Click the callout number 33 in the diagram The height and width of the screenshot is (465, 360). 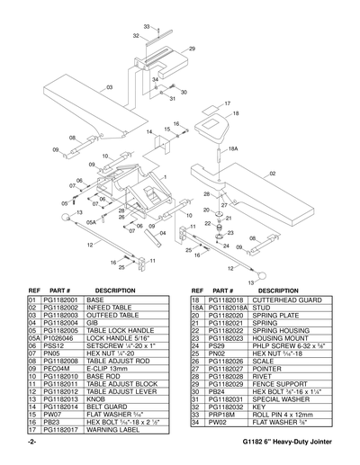(147, 28)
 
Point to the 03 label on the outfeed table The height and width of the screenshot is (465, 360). (109, 87)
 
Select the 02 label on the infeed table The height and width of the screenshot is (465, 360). (273, 172)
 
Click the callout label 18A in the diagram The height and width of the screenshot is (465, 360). (232, 148)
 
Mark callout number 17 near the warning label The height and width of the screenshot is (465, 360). (227, 103)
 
